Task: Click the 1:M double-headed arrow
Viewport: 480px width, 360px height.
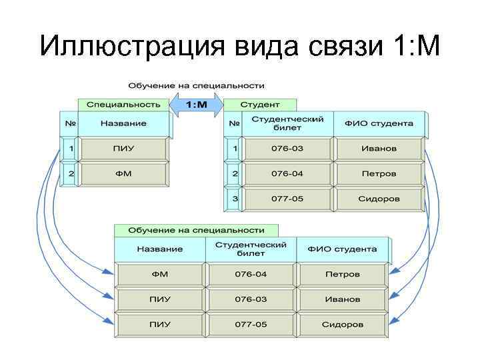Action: (196, 105)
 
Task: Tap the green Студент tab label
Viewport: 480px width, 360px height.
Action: (259, 105)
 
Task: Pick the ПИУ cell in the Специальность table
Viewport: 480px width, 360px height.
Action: (123, 148)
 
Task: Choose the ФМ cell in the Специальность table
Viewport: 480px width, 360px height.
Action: (123, 173)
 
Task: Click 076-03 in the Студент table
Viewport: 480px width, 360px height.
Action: (287, 148)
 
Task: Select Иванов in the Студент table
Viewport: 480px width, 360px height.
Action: (379, 148)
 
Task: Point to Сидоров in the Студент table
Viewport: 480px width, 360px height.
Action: (379, 199)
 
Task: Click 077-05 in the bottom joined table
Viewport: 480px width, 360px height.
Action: (251, 325)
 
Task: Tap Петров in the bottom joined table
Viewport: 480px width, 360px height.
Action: (342, 274)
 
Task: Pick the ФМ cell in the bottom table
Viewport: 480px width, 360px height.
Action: (160, 274)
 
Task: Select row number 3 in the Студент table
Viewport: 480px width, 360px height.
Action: (235, 199)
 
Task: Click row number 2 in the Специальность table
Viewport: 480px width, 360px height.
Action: (70, 173)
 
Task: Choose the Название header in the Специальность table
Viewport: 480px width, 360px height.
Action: (123, 123)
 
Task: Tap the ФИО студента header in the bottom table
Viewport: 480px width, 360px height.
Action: (342, 249)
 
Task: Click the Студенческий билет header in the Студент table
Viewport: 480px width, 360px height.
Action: (287, 123)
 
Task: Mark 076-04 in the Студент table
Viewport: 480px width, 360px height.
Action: (287, 173)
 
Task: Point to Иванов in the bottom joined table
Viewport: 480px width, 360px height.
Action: (342, 299)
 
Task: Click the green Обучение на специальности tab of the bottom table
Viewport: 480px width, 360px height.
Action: (190, 230)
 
